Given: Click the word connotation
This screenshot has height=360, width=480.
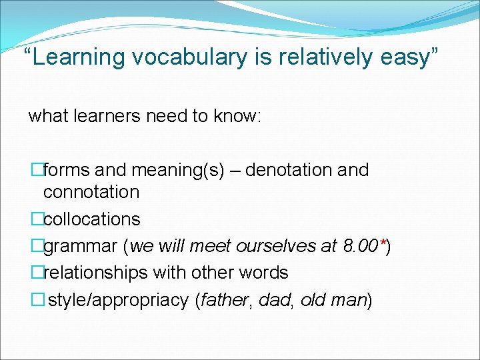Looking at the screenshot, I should pos(91,192).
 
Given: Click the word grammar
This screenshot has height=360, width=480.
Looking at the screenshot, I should pos(81,246).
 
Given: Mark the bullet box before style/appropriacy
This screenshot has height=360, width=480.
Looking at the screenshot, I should pos(37,300).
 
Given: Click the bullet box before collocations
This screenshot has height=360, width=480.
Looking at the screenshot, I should pos(37,219).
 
